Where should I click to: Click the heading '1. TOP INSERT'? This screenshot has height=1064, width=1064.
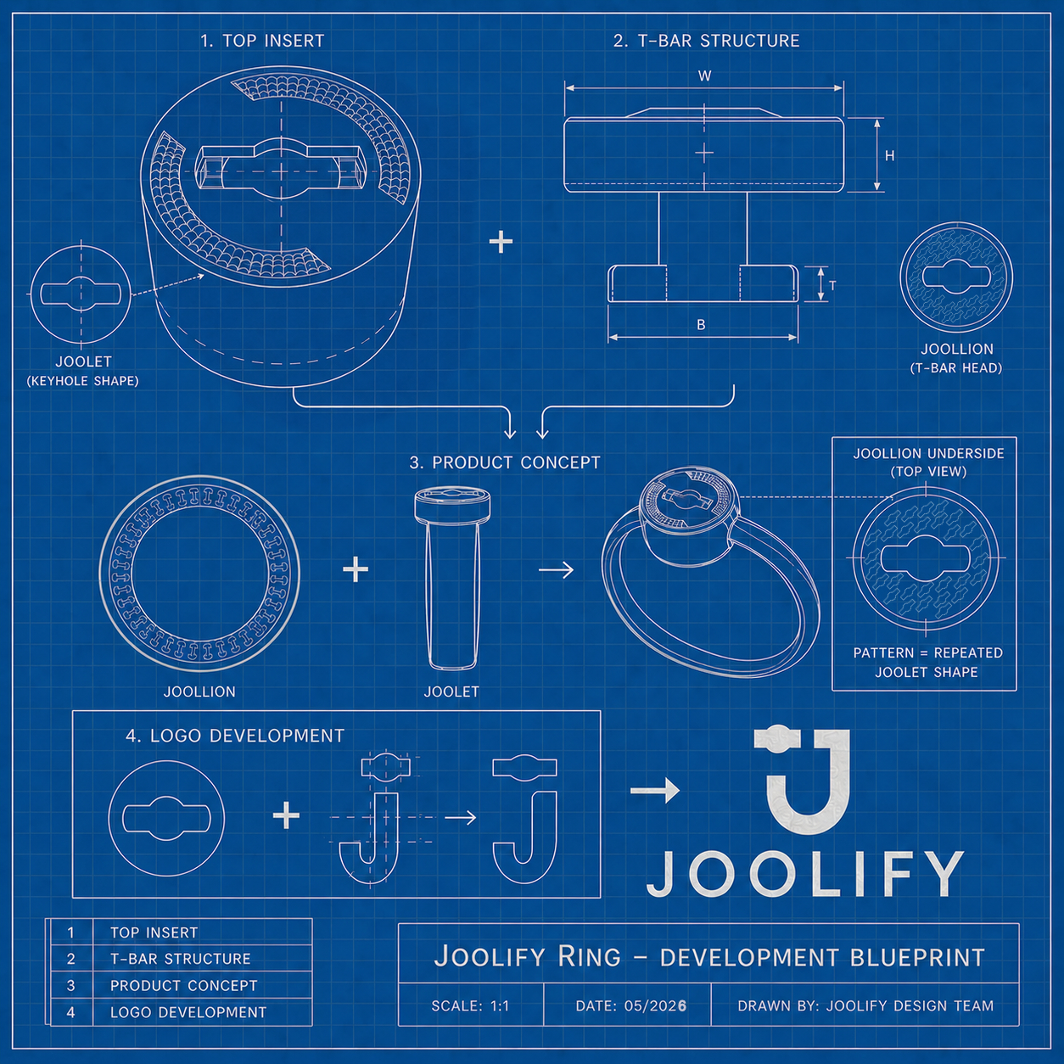click(262, 41)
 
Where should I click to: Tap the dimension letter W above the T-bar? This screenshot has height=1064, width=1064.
click(704, 76)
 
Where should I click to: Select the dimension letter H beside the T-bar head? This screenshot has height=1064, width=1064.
click(889, 156)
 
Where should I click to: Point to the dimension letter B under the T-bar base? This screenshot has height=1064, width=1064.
click(701, 325)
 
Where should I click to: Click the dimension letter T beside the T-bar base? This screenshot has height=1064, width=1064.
click(832, 285)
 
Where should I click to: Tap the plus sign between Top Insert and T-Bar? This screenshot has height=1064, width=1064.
click(501, 243)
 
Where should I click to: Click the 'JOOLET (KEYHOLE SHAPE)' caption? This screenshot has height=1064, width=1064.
click(83, 371)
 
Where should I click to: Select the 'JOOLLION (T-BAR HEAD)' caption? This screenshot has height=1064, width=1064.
click(957, 358)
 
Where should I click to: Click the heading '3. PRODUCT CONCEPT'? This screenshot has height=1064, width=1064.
click(505, 462)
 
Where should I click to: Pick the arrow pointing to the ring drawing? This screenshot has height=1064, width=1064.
click(556, 570)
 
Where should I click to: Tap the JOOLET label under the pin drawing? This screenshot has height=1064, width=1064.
click(451, 692)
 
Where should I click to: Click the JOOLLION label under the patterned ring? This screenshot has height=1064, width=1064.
click(199, 692)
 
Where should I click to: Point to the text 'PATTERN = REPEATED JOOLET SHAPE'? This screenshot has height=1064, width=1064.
click(927, 663)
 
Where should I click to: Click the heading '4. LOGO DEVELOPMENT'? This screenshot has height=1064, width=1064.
click(235, 736)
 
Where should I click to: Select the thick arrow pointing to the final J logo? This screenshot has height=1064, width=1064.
click(655, 791)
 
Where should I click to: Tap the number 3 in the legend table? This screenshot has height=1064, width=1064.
click(70, 986)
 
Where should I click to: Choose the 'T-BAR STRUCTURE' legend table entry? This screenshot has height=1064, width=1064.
click(181, 959)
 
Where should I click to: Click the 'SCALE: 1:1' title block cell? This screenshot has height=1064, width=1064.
click(470, 1006)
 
